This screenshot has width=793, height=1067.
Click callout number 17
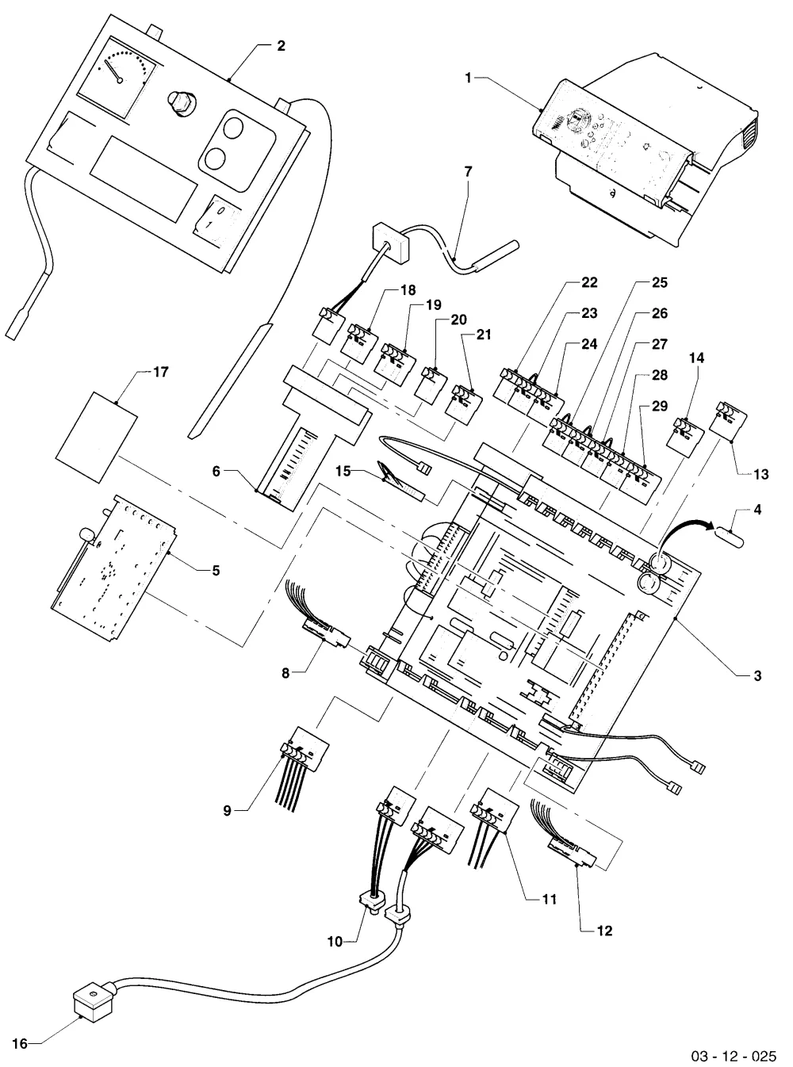click(161, 372)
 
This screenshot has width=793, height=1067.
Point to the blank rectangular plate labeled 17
click(97, 437)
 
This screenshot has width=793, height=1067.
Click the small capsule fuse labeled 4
click(730, 537)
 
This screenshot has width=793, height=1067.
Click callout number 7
click(468, 171)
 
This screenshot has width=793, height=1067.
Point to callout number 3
click(757, 675)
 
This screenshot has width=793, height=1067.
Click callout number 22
click(589, 282)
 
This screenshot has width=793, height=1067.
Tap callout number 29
click(660, 406)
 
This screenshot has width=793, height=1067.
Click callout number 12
click(604, 931)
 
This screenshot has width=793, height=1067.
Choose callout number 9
click(227, 811)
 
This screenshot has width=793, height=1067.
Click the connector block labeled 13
click(729, 416)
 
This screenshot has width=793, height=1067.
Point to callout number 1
click(468, 78)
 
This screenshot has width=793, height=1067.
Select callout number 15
click(343, 471)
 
